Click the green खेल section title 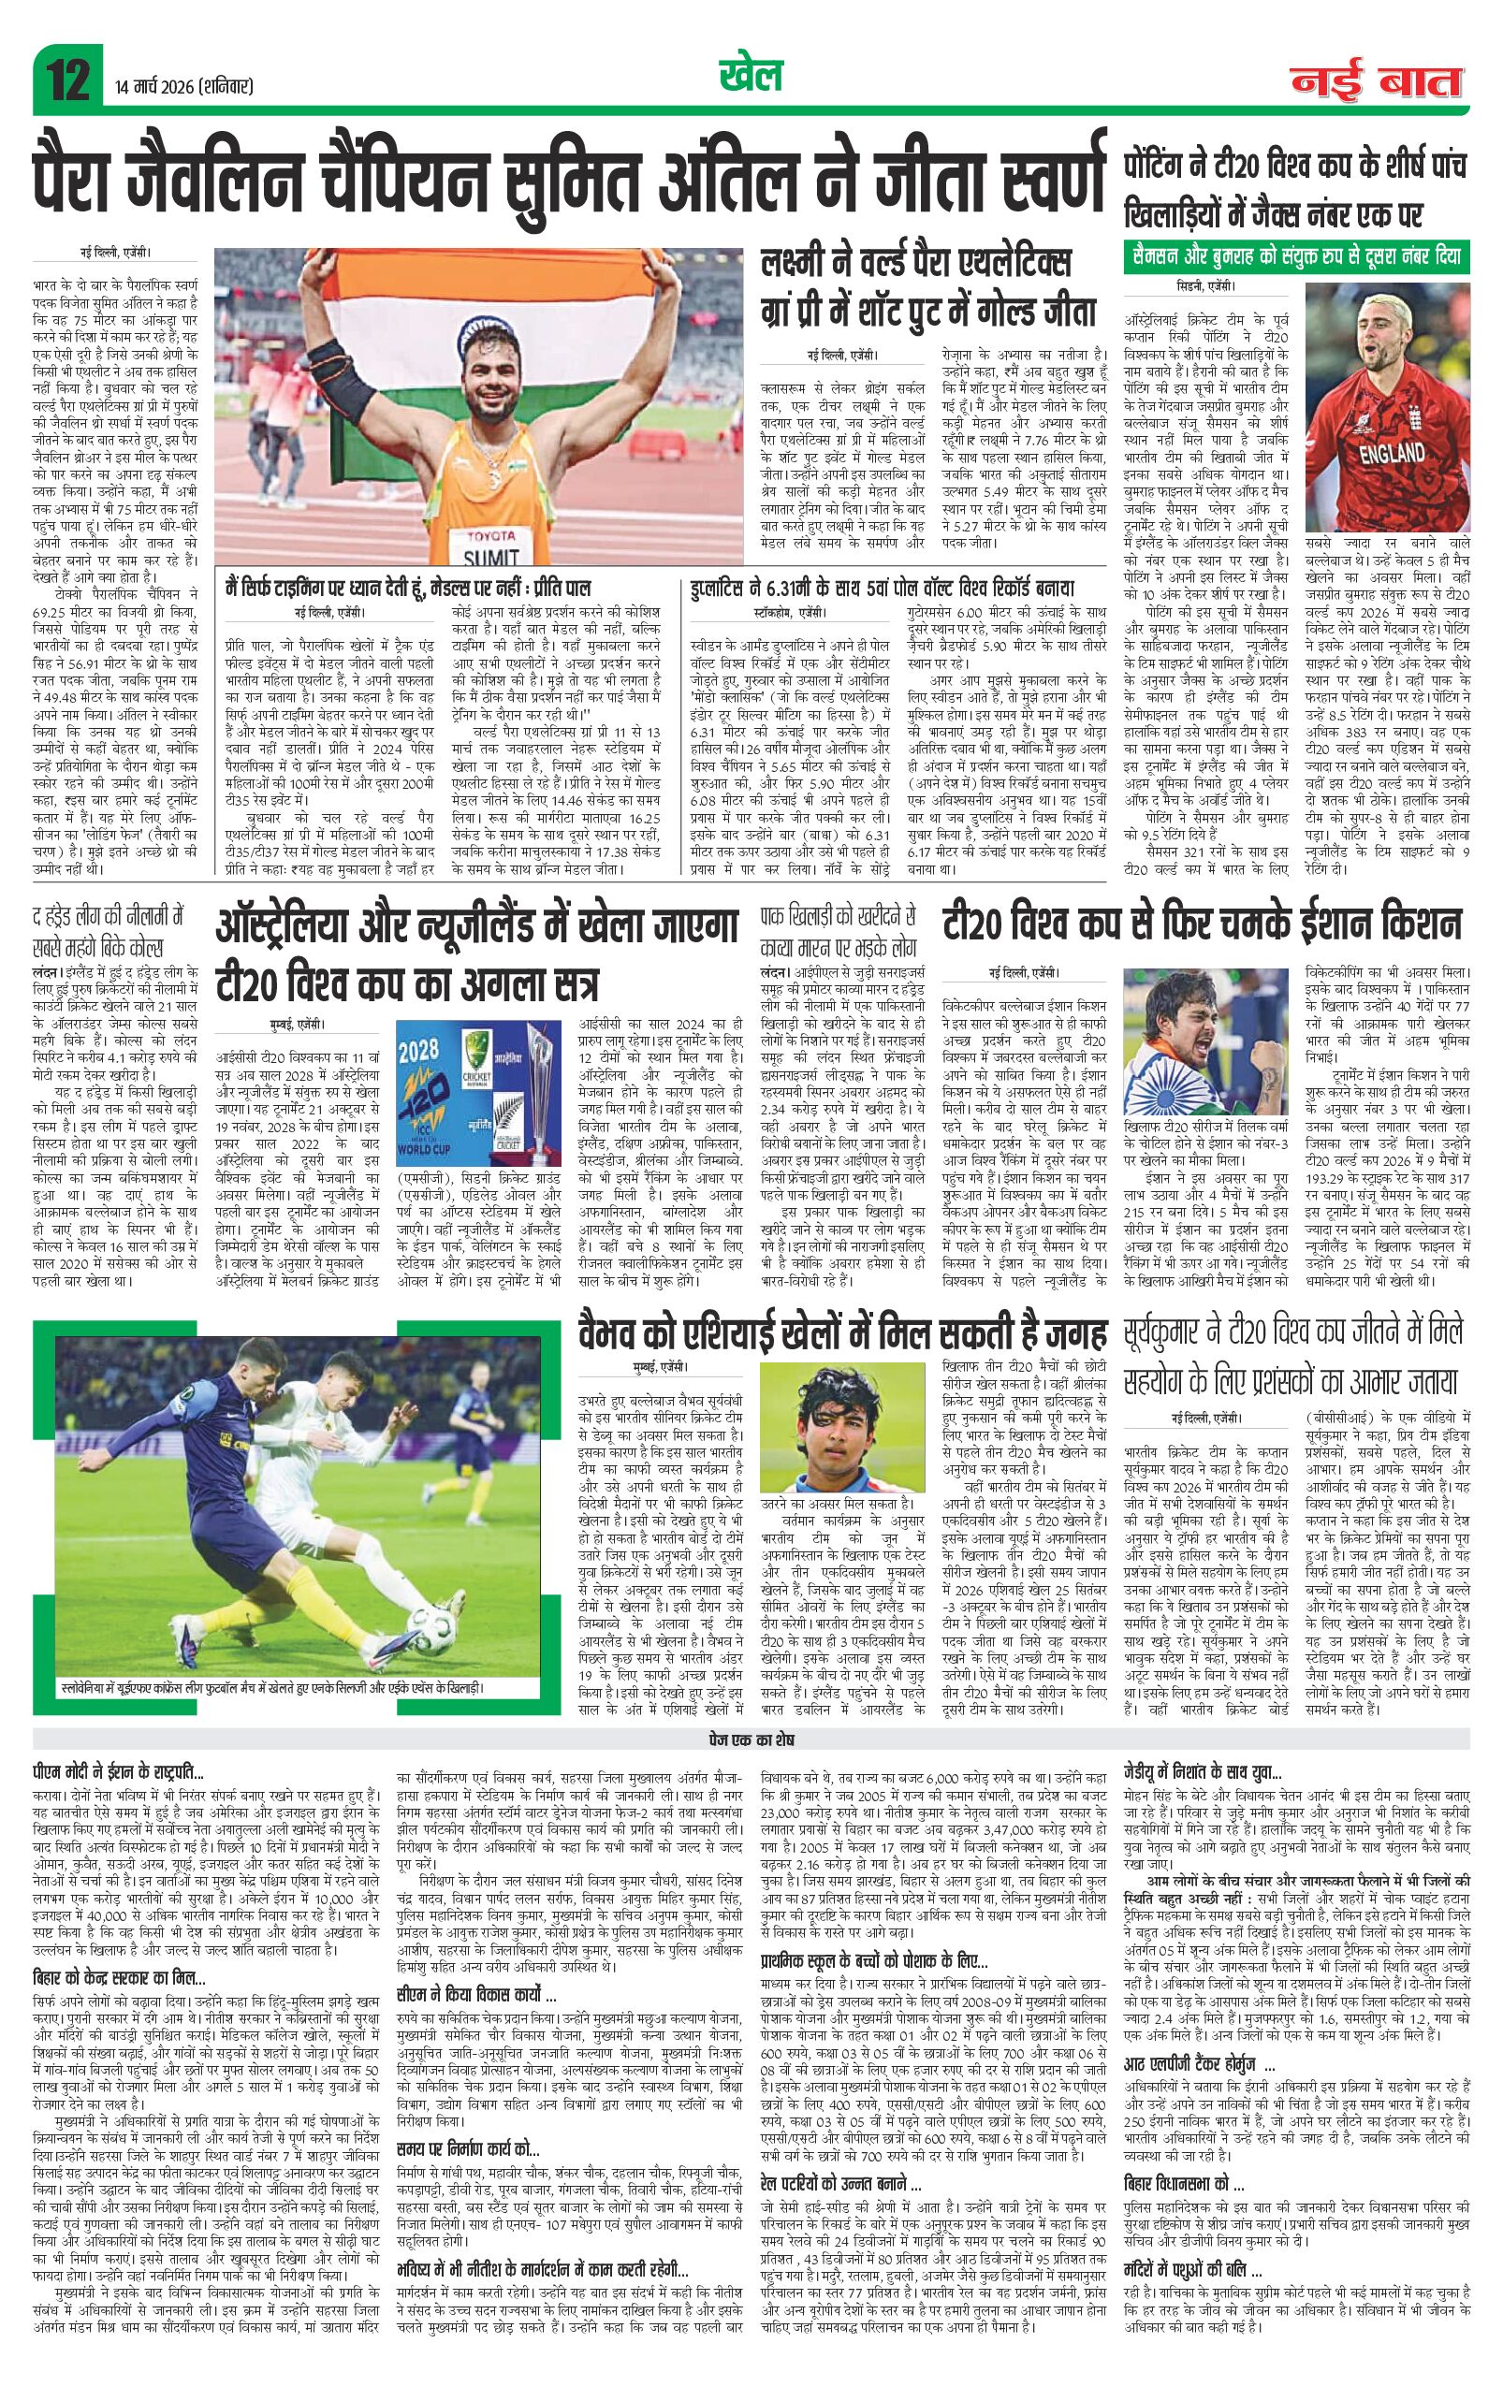tap(751, 76)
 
